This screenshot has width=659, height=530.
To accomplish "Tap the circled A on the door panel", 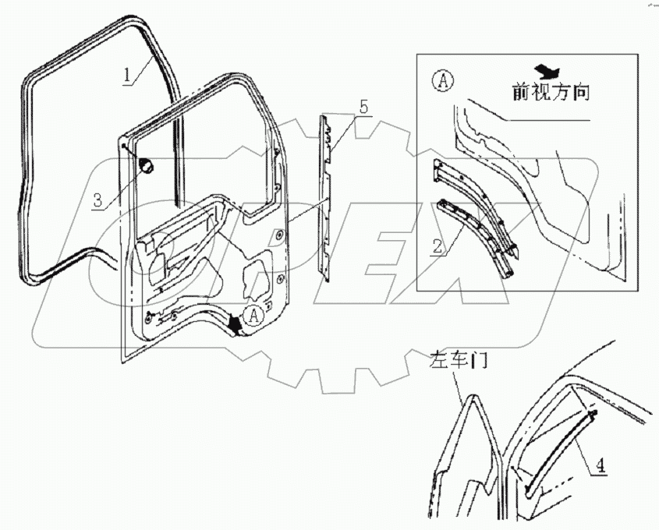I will [x=252, y=316].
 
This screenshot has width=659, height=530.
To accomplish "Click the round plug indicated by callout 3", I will [x=147, y=165].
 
